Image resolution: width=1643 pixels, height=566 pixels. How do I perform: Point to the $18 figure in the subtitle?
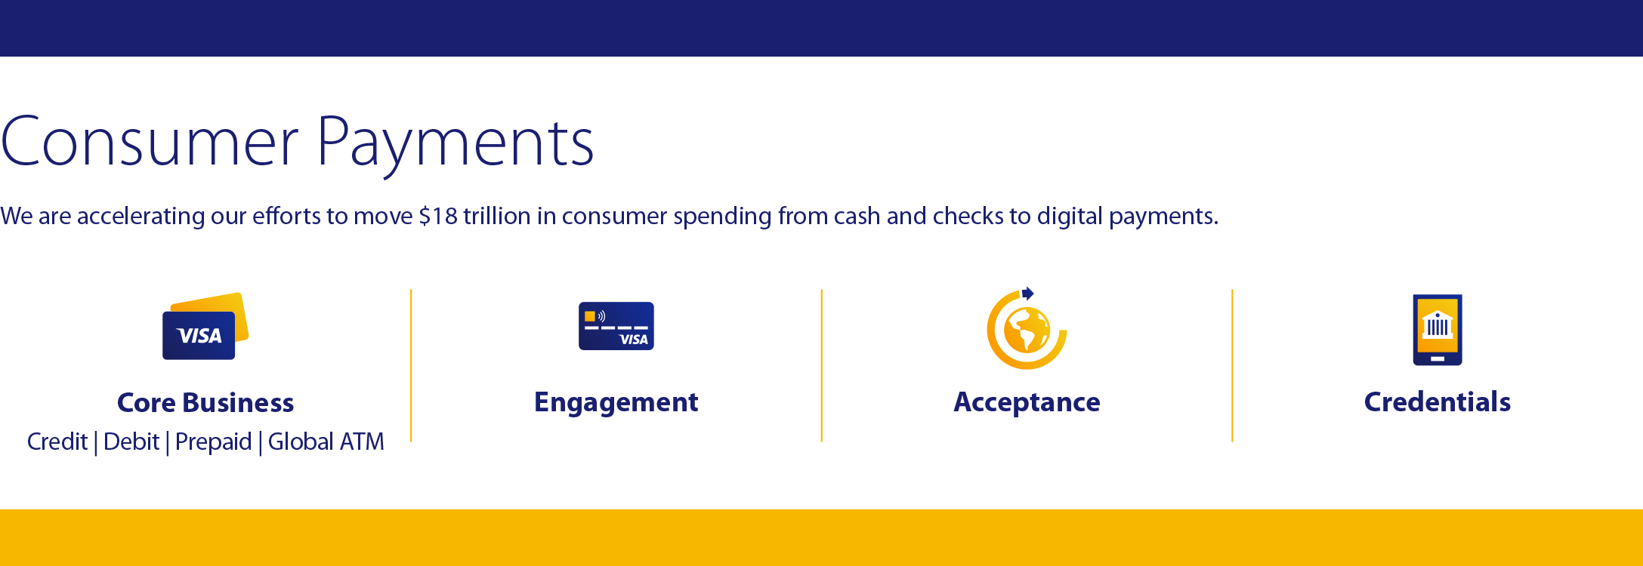coord(438,216)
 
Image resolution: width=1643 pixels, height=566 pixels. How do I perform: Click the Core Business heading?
coord(205,402)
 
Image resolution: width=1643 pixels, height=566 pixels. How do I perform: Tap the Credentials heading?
coord(1438,401)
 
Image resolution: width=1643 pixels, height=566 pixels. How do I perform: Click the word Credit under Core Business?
coord(57,441)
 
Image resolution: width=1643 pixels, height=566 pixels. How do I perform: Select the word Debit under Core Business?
coord(131,441)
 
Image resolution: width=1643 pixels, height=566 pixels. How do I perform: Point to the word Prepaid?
coord(213,442)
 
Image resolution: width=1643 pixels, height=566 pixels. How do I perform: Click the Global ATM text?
coord(326,441)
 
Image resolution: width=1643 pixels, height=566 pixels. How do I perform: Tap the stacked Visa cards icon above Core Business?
coord(205,326)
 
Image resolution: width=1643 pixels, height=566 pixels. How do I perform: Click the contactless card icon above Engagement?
coord(616,326)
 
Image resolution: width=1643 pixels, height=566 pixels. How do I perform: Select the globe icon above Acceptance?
coord(1027,330)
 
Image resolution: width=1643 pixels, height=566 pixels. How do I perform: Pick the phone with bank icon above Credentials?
coord(1438,330)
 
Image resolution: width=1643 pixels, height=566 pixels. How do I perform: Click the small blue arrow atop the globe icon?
coord(1027,294)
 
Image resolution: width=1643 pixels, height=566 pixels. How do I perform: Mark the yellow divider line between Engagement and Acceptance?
coord(821,365)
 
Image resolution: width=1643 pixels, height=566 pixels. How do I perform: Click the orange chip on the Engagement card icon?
coord(590,316)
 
